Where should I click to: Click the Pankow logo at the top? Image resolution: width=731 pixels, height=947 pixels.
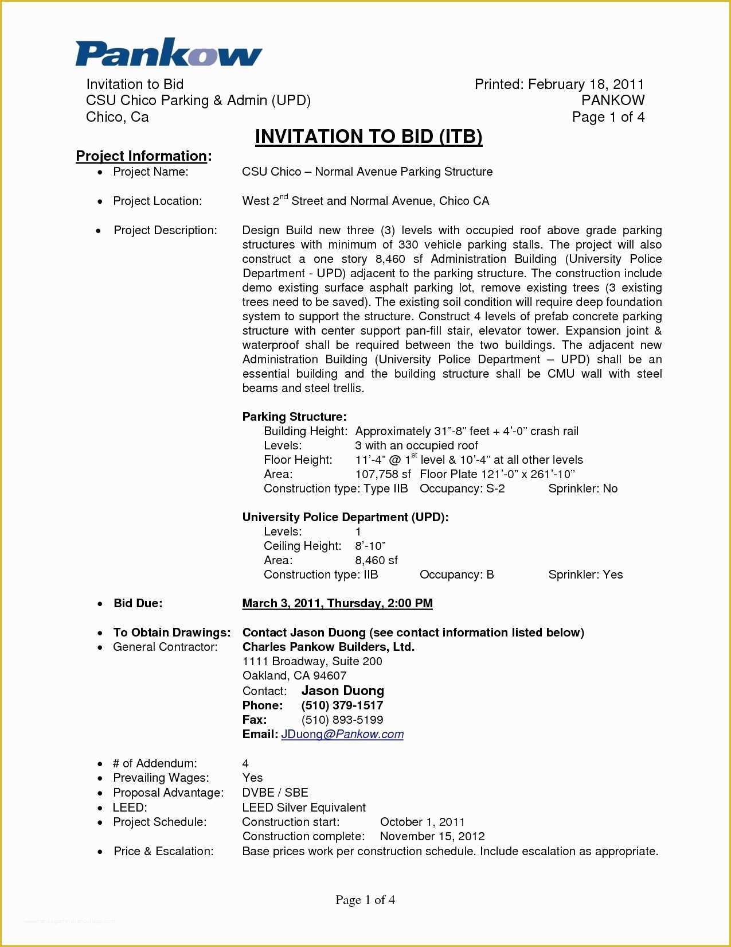(169, 53)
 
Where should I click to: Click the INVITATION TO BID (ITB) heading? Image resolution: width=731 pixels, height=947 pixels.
(369, 137)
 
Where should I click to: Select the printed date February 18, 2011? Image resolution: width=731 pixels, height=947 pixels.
(586, 84)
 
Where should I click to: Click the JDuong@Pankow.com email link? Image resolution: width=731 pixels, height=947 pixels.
(342, 734)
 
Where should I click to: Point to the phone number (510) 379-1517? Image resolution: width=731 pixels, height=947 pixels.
(342, 705)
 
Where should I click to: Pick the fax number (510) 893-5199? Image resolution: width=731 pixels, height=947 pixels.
(342, 720)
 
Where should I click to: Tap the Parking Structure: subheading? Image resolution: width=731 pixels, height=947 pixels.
(294, 417)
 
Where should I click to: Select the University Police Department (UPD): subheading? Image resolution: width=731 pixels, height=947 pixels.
(345, 517)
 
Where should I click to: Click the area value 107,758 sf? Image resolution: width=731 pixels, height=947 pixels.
(383, 474)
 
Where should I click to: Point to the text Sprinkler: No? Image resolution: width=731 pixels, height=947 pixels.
(583, 488)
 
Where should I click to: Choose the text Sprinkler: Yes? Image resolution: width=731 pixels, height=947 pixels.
(585, 575)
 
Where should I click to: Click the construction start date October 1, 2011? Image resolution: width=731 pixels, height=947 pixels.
(423, 822)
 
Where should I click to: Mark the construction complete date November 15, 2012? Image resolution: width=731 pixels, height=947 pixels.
(432, 836)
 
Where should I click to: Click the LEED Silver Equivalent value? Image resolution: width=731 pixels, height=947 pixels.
(304, 808)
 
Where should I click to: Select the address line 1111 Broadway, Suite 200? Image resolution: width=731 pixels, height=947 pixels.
(312, 661)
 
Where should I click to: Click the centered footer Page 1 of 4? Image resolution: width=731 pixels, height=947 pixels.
(365, 900)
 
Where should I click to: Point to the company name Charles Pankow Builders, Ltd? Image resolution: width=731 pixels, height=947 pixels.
(328, 647)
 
